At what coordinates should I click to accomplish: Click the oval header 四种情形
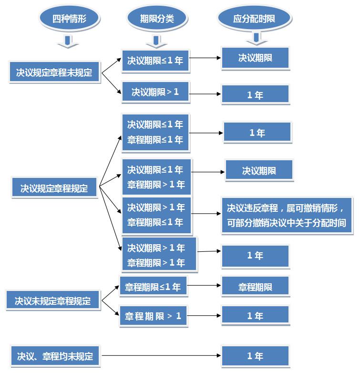click(69, 18)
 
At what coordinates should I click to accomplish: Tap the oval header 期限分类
click(157, 18)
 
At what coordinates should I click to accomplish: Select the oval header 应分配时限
click(255, 18)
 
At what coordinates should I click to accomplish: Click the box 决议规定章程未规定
click(54, 72)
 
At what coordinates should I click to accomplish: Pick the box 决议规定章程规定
click(54, 187)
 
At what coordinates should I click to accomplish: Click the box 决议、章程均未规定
click(55, 356)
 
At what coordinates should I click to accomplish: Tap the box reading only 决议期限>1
click(155, 92)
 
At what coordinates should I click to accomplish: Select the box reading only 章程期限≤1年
click(153, 286)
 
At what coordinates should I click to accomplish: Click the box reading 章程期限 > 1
click(153, 316)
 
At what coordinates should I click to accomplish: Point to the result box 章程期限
click(255, 286)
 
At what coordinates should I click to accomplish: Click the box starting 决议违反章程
click(287, 215)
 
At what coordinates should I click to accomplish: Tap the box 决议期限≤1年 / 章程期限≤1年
click(155, 132)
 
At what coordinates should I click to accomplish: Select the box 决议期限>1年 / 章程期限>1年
click(159, 254)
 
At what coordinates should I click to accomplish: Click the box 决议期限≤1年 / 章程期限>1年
click(156, 177)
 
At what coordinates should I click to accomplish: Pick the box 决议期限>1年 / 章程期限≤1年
click(156, 215)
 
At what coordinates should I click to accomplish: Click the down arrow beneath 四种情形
click(68, 42)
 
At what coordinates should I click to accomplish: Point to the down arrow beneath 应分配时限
click(257, 39)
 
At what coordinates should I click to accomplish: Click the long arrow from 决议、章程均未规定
click(162, 355)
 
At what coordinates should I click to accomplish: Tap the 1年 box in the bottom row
click(255, 356)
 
